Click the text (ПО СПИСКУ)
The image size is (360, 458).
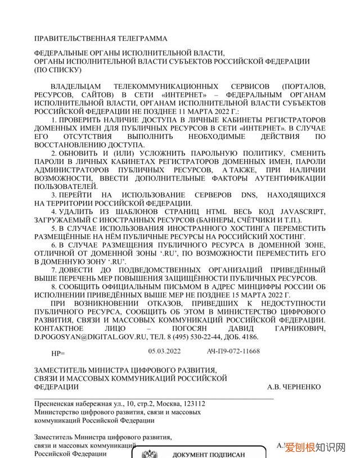coord(58,70)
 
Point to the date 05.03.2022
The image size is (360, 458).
coord(165,351)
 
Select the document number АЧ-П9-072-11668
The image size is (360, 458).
coord(233,351)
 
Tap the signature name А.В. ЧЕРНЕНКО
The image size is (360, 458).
coord(294,387)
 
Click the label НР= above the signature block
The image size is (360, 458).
coord(58,353)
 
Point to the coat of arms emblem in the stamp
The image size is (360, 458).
coord(149,454)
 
